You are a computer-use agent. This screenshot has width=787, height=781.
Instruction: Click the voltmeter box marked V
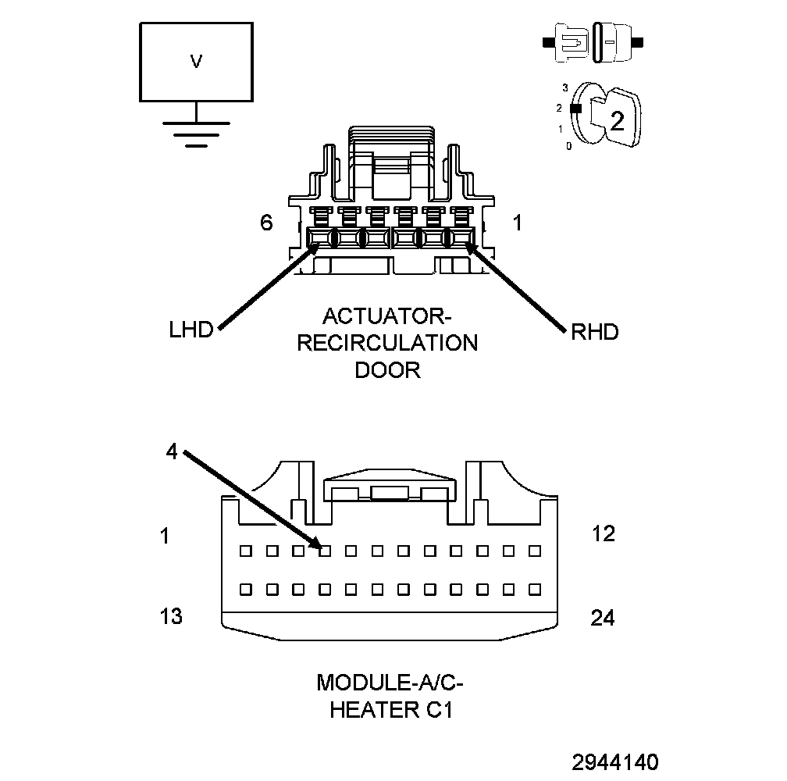(x=196, y=62)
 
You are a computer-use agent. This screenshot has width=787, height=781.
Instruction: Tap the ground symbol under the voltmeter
(x=196, y=133)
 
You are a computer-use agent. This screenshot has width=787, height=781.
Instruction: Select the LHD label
(x=191, y=330)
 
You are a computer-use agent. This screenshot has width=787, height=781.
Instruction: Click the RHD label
(x=595, y=332)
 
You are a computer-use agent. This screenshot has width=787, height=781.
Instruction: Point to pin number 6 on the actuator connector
(x=266, y=223)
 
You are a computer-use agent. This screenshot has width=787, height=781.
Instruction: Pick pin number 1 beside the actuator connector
(x=517, y=223)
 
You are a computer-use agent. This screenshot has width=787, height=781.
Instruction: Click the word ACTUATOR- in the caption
(x=387, y=317)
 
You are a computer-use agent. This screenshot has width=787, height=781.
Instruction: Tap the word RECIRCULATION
(x=387, y=343)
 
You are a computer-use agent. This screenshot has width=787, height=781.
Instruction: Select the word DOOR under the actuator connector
(x=387, y=369)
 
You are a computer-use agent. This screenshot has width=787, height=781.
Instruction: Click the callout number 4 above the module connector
(x=172, y=451)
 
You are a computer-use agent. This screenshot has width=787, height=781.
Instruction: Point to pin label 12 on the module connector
(x=603, y=533)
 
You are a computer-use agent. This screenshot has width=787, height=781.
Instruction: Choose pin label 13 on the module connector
(x=170, y=616)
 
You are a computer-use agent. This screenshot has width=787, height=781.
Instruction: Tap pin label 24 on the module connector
(x=603, y=618)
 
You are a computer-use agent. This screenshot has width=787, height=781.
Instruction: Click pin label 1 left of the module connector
(x=165, y=536)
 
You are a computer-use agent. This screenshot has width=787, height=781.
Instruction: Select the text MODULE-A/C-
(x=390, y=683)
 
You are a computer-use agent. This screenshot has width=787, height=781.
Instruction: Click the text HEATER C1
(x=390, y=710)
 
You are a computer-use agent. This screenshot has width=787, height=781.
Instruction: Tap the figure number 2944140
(x=614, y=761)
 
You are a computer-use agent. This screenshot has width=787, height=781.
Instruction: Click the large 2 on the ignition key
(x=617, y=121)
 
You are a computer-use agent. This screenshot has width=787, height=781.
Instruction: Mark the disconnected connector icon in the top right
(x=594, y=41)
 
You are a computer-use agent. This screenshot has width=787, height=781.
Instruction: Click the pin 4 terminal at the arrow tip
(x=326, y=550)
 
